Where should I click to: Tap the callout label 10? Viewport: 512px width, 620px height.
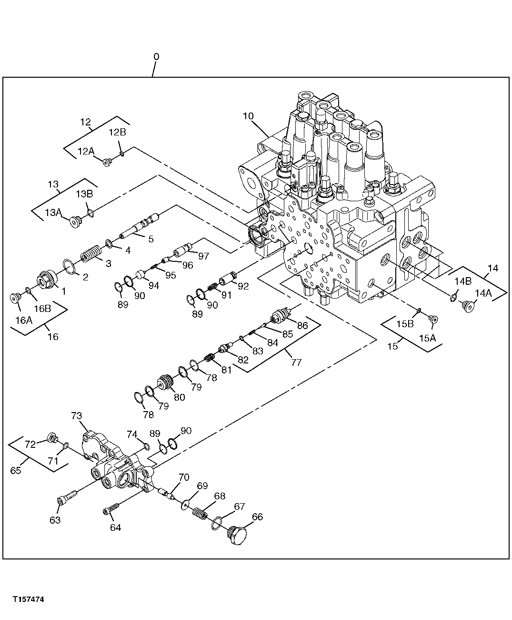[x=248, y=116]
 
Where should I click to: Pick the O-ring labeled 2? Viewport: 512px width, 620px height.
[x=70, y=267]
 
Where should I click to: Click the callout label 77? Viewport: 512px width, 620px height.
[x=296, y=362]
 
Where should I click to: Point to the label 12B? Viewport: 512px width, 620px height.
[x=117, y=132]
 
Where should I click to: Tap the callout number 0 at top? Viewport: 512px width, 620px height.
[x=156, y=57]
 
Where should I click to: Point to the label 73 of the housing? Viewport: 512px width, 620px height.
[x=77, y=415]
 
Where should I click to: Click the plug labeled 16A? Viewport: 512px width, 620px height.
[x=16, y=298]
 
